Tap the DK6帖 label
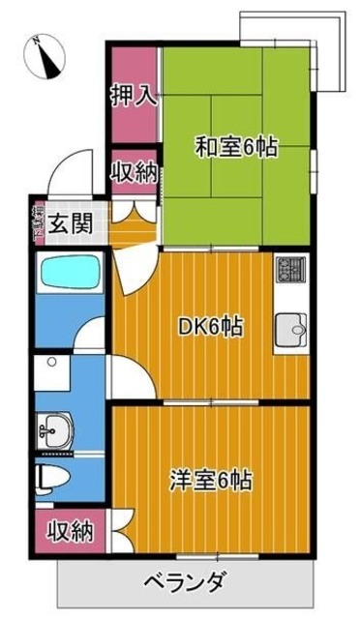pos(209,326)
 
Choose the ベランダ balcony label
pos(186,583)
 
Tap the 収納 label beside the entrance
pos(134,172)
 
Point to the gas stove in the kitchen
pos(290,268)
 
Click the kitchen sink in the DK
pos(289,331)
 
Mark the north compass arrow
pos(45,56)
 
